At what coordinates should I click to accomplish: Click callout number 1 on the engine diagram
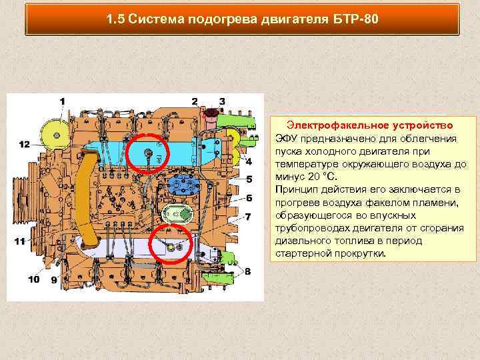63,101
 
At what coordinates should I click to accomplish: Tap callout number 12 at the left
24,144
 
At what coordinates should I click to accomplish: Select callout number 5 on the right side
249,179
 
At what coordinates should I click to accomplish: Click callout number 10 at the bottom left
33,279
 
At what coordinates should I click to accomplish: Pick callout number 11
21,241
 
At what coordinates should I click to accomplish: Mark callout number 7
248,217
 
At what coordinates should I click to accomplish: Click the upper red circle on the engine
148,154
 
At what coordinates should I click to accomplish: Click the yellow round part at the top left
51,134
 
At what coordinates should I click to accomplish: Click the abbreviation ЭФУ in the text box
287,139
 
